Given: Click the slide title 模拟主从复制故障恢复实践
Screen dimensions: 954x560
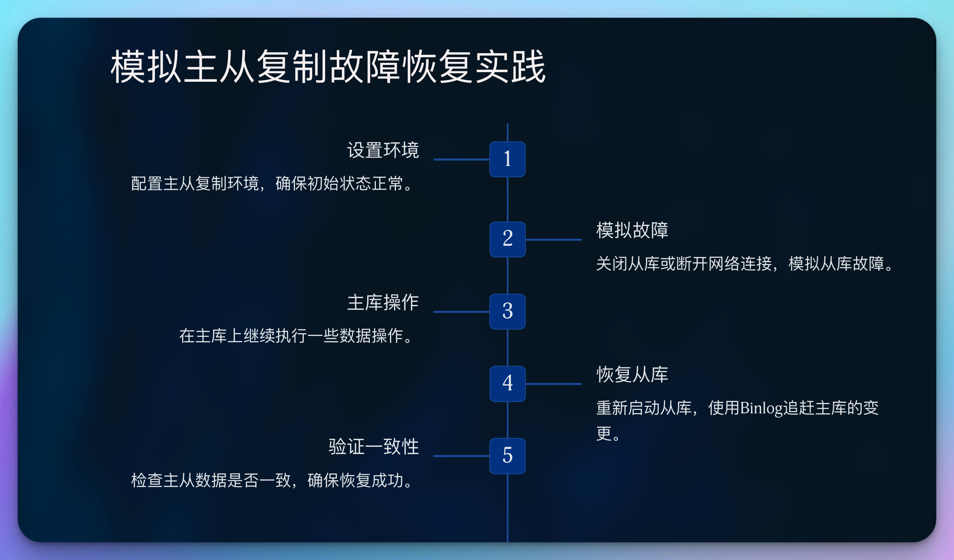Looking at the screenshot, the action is (328, 66).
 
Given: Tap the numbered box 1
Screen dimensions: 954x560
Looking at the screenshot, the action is (507, 159).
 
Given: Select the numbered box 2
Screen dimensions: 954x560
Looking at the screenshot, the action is (507, 239).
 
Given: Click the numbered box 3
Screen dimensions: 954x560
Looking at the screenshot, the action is (507, 311).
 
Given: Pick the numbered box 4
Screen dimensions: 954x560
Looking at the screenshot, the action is (507, 384).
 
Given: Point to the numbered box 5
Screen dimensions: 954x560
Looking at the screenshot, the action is (507, 456).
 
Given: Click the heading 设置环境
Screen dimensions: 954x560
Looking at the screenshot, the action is (383, 150).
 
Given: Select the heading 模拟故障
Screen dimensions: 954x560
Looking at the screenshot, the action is (632, 230).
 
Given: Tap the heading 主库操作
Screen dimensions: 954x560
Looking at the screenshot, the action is (383, 303).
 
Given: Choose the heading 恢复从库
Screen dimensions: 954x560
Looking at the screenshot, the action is (632, 375).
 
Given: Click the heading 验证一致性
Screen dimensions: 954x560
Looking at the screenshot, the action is (374, 447).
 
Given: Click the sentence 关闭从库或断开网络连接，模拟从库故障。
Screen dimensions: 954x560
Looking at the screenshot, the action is (746, 264).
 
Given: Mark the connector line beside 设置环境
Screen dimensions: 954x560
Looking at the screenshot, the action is (462, 160).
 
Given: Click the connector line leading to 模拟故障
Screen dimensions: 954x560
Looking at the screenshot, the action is (554, 240).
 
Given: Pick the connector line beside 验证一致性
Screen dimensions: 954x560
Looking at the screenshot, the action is (462, 456).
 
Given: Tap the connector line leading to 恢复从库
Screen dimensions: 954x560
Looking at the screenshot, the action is (554, 384).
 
